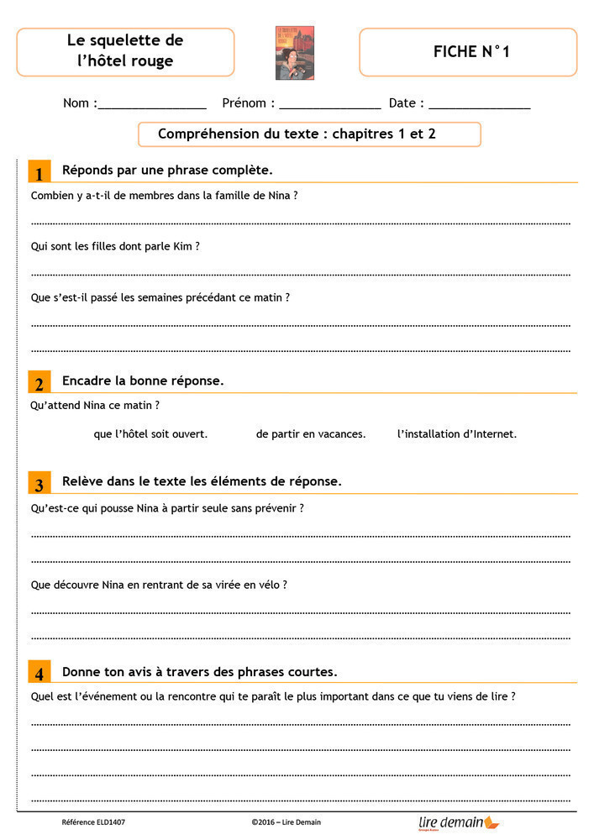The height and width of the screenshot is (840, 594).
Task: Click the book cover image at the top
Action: pos(294,52)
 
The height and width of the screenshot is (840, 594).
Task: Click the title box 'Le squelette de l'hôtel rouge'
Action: pos(125,51)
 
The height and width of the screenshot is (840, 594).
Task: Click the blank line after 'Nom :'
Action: pos(152,106)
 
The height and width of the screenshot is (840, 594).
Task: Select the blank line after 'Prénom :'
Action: pos(330,106)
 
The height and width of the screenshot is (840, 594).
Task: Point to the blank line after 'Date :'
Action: pos(480,106)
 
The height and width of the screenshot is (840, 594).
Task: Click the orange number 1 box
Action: pos(39,172)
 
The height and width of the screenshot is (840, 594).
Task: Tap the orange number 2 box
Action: pos(39,383)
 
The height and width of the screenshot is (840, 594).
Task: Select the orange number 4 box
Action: pos(39,674)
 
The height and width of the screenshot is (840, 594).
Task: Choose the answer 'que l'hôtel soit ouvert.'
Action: pos(151,434)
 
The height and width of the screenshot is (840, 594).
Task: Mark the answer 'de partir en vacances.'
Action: pos(311,434)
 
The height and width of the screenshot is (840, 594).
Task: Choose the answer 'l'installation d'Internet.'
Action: pos(457,434)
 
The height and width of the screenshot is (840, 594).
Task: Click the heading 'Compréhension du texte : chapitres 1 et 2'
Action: pos(297,134)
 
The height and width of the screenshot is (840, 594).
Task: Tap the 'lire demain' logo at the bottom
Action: pos(459,822)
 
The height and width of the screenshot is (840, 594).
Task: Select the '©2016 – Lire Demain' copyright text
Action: pos(286,822)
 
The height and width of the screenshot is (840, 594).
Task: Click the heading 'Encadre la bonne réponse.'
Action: pos(143,381)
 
